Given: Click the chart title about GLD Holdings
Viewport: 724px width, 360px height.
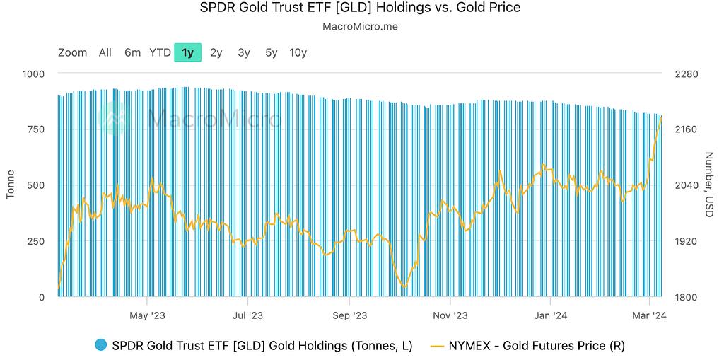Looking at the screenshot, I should click(x=361, y=8).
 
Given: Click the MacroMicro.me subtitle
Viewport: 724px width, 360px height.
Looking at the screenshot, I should click(x=361, y=27).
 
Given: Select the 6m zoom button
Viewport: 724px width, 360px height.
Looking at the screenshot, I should click(x=132, y=52).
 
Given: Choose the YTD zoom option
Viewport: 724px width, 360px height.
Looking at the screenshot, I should click(x=160, y=52).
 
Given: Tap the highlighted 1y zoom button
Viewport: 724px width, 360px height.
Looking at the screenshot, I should click(x=187, y=52).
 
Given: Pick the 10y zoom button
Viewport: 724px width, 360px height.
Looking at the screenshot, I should click(x=298, y=52).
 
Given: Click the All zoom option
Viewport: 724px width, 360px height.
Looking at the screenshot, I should click(x=105, y=52).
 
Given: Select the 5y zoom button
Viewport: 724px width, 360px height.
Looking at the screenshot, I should click(x=271, y=52).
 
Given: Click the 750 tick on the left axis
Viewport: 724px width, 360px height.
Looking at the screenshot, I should click(x=36, y=129).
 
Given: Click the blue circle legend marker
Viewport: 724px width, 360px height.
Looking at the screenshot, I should click(x=100, y=345).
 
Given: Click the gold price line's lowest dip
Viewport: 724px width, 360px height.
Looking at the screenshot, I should click(x=404, y=286).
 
